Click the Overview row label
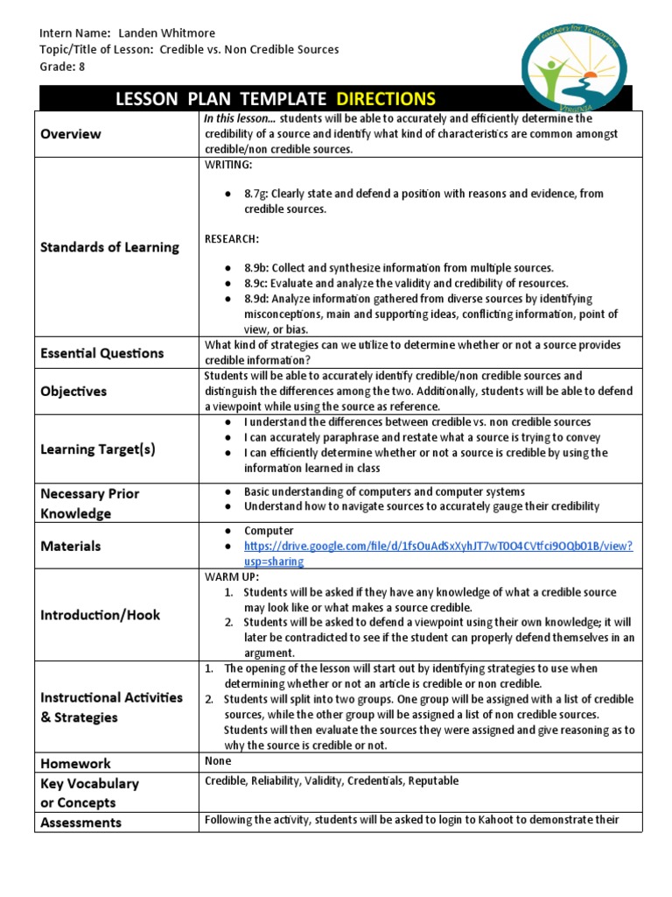click(70, 134)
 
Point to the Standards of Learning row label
click(109, 247)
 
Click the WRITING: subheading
click(228, 165)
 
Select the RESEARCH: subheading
click(231, 238)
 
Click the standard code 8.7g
click(255, 194)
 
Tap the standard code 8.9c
click(255, 283)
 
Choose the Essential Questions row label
click(101, 353)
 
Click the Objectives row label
click(73, 392)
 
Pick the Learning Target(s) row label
click(98, 449)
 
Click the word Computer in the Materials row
click(269, 531)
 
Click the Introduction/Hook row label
click(100, 615)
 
